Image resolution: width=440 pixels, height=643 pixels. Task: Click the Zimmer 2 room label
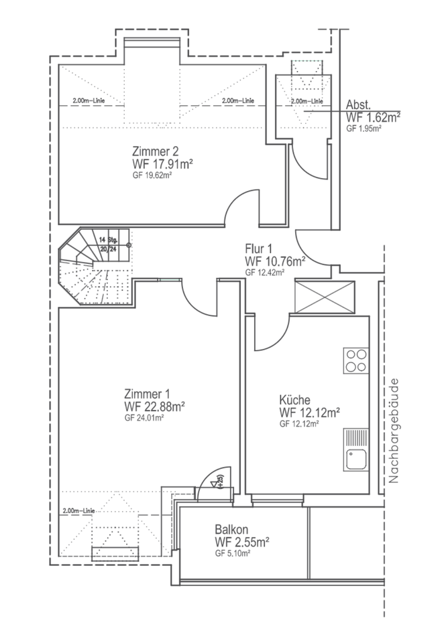click(156, 151)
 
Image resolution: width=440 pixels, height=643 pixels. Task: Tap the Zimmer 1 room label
click(147, 394)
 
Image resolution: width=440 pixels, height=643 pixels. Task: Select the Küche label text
click(294, 400)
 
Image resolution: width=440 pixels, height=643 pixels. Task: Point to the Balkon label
click(231, 529)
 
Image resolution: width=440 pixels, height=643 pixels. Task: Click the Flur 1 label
click(258, 248)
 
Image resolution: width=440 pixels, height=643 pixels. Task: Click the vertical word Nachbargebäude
click(394, 430)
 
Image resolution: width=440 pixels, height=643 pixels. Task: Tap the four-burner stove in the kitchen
click(355, 360)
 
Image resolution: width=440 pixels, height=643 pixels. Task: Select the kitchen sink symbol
click(355, 450)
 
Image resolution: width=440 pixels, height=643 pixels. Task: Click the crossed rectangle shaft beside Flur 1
click(325, 297)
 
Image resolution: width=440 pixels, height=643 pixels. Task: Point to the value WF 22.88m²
click(154, 407)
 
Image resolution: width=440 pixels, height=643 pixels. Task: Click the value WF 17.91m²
click(163, 163)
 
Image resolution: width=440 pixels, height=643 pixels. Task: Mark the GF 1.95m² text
click(364, 128)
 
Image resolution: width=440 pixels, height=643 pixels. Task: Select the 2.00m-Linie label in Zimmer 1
click(78, 511)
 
